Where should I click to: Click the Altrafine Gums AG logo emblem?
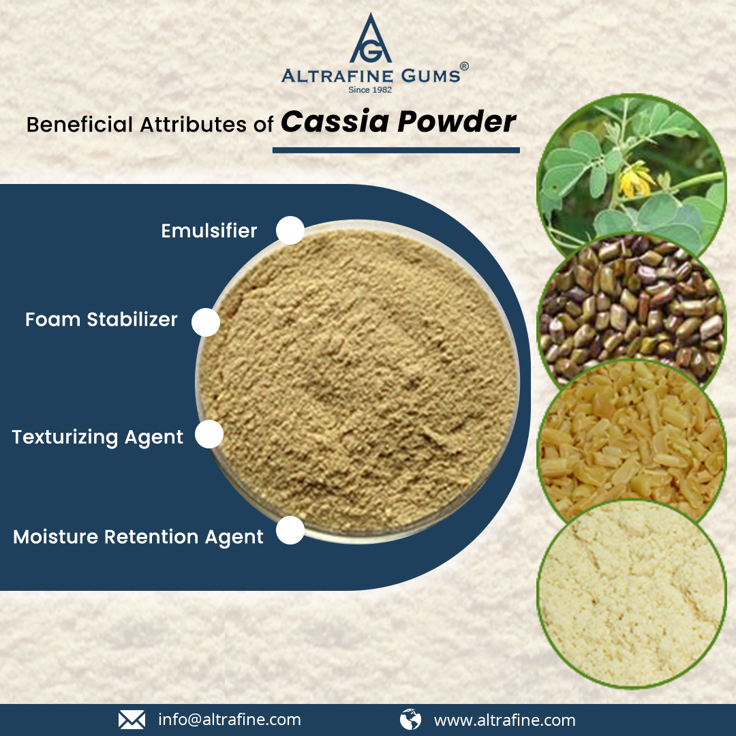point(371,38)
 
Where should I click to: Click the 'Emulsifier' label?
point(209,231)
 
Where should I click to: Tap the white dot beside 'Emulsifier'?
point(290,230)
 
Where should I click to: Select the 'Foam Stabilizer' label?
point(102,319)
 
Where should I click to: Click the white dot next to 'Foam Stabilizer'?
point(206,322)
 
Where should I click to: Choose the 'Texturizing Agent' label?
point(97,437)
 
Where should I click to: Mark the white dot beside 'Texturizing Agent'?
point(209,434)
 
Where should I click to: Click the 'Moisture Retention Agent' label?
point(138,537)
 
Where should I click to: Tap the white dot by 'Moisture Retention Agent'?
point(290,530)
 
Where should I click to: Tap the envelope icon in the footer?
point(132,720)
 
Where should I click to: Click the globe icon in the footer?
point(410,720)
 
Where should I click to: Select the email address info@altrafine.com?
point(230,720)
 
